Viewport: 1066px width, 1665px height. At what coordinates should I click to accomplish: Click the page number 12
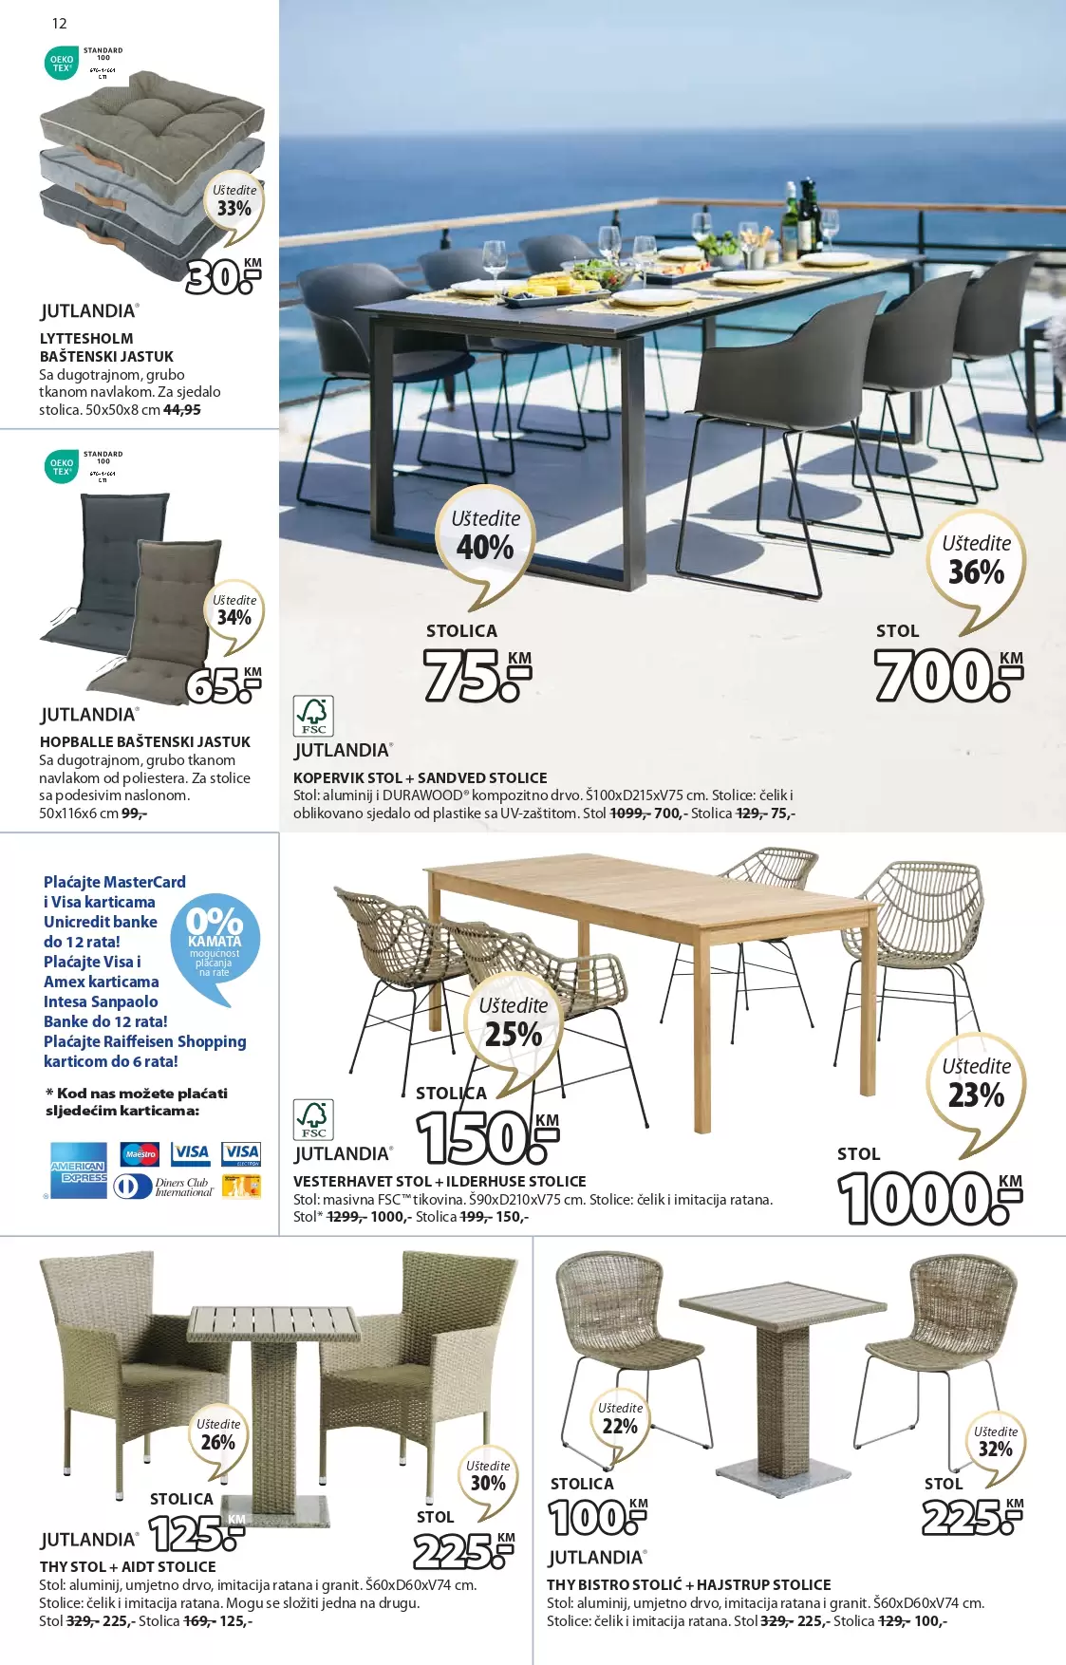pyautogui.click(x=59, y=24)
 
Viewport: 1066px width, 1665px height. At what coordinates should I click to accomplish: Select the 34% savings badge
pyautogui.click(x=234, y=611)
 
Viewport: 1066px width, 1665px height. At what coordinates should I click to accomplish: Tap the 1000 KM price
pyautogui.click(x=928, y=1198)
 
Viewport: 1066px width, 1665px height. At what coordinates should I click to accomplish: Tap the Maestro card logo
pyautogui.click(x=140, y=1154)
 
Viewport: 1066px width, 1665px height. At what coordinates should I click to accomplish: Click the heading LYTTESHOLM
pyautogui.click(x=86, y=338)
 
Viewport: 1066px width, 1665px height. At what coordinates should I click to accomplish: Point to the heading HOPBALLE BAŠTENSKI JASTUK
pyautogui.click(x=145, y=741)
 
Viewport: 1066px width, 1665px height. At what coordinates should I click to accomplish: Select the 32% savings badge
pyautogui.click(x=995, y=1443)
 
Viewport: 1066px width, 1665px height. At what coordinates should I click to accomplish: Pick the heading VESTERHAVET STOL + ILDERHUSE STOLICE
pyautogui.click(x=439, y=1181)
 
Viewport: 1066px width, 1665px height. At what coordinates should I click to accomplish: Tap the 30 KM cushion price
pyautogui.click(x=223, y=277)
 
